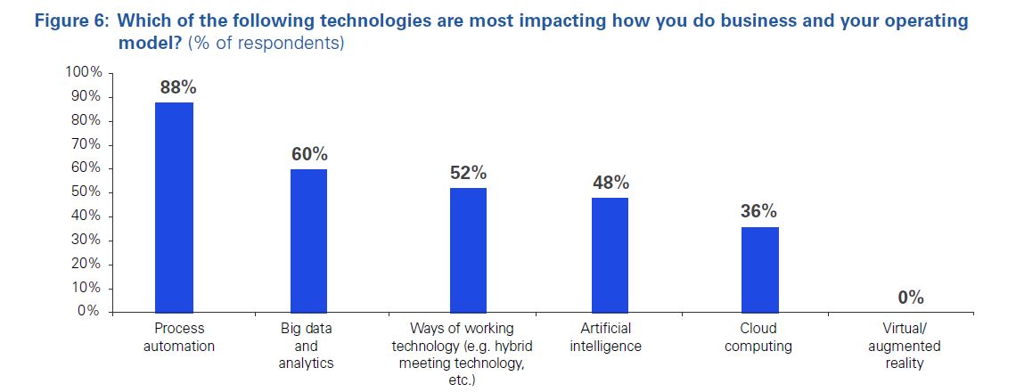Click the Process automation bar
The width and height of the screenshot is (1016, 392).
coord(174,207)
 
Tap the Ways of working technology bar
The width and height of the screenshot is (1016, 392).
coord(468,249)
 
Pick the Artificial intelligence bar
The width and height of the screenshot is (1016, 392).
coord(610,255)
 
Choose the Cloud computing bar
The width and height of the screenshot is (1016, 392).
coord(760,269)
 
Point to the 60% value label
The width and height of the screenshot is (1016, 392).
coord(309,153)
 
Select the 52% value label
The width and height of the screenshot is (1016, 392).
coord(469,173)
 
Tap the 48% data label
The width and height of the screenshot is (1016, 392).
coord(610,183)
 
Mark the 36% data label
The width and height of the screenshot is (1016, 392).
coord(758,212)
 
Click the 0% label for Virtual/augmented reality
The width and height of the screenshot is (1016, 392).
coord(911,298)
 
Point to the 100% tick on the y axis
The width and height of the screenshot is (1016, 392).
coord(85,72)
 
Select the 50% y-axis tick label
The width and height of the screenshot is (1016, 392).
coord(87,192)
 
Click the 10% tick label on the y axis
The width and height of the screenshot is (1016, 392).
coord(87,288)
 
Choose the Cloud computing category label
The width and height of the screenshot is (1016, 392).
coord(759,338)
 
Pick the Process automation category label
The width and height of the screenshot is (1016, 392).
coord(179,338)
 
